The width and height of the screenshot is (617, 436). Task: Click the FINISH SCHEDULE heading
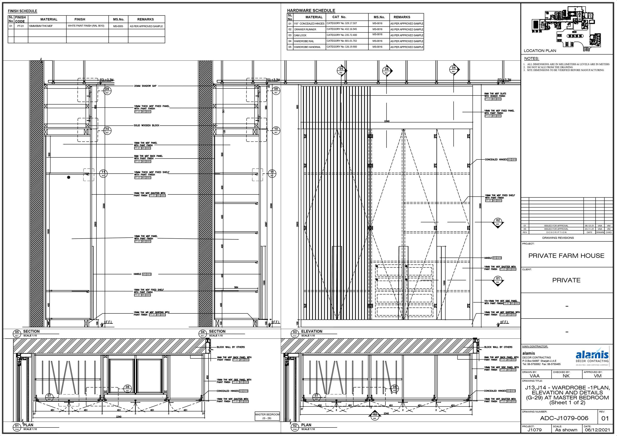pyautogui.click(x=22, y=11)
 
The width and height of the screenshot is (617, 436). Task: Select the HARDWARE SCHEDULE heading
pyautogui.click(x=311, y=10)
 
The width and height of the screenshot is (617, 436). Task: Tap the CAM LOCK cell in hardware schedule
pyautogui.click(x=300, y=35)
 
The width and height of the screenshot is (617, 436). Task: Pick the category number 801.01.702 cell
pyautogui.click(x=341, y=41)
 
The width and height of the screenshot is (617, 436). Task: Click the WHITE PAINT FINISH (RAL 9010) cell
pyautogui.click(x=86, y=26)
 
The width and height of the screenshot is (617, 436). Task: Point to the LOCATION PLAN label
pyautogui.click(x=540, y=50)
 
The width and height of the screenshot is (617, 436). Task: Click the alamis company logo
pyautogui.click(x=592, y=356)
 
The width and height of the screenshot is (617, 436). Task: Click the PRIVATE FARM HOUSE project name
pyautogui.click(x=566, y=256)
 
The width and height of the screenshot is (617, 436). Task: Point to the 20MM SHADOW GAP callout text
pyautogui.click(x=145, y=86)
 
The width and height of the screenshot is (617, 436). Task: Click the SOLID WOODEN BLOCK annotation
pyautogui.click(x=146, y=125)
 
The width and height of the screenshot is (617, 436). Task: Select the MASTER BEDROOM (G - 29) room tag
pyautogui.click(x=267, y=416)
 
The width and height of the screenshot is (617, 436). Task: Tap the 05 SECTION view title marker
pyautogui.click(x=17, y=334)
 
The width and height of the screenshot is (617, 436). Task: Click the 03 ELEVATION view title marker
pyautogui.click(x=295, y=334)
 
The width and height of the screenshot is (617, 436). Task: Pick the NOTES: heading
pyautogui.click(x=531, y=59)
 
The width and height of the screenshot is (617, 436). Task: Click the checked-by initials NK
pyautogui.click(x=566, y=376)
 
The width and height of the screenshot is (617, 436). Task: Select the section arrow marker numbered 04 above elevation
pyautogui.click(x=454, y=69)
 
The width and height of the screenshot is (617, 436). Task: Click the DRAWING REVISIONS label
pyautogui.click(x=558, y=238)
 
